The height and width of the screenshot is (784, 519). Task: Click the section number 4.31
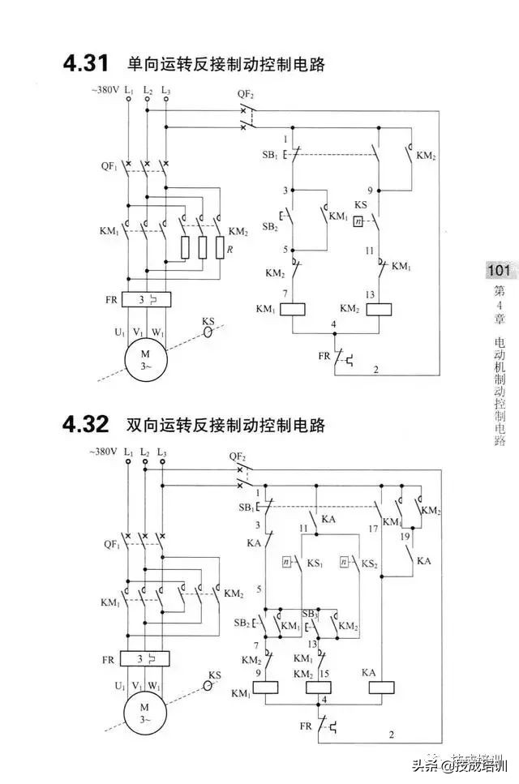(86, 63)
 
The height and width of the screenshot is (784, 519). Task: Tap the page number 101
(498, 271)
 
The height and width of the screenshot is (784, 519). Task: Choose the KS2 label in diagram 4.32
(369, 562)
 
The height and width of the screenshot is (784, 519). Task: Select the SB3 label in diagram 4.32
(310, 614)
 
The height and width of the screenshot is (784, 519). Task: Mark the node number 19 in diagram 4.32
(404, 536)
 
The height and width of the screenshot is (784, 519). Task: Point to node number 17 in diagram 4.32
(373, 528)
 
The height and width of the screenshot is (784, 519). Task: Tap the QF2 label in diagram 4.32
(237, 456)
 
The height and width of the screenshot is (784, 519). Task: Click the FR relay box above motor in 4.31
(146, 299)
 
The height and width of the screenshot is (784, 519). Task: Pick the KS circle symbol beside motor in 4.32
(208, 685)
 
